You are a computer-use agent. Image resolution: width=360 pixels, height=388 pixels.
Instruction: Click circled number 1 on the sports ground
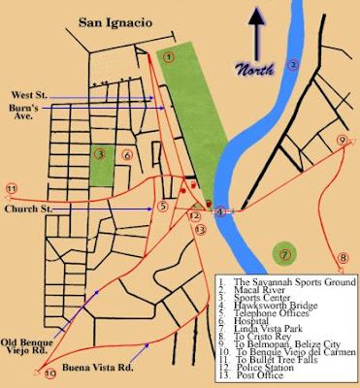pos(169,57)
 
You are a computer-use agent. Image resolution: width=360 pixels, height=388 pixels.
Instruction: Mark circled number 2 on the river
pos(292,66)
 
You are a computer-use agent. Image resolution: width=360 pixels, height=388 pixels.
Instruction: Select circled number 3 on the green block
pos(99,153)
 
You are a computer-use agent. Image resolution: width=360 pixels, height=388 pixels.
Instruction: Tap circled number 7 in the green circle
pos(285,255)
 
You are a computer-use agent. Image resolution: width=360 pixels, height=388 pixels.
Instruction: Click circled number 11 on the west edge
pos(11,188)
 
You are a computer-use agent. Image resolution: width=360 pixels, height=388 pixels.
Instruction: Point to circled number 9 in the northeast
pos(342,140)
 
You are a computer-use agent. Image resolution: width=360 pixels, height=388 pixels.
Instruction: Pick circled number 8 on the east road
pos(342,258)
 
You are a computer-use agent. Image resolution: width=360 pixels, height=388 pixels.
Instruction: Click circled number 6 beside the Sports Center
pos(127,153)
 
